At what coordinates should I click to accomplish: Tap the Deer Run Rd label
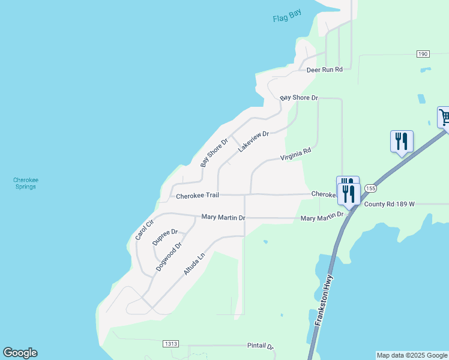click(x=324, y=70)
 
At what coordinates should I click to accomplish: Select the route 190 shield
click(x=423, y=54)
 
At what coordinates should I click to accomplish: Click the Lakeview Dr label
click(x=253, y=142)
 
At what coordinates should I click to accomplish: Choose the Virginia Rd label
click(x=296, y=155)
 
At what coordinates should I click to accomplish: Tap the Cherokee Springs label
click(x=25, y=183)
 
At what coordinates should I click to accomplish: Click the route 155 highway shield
click(x=370, y=188)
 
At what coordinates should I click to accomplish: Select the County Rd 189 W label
click(x=390, y=204)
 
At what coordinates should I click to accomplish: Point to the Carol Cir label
click(x=145, y=229)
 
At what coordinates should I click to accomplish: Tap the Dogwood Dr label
click(x=169, y=257)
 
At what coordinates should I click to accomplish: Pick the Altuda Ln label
click(x=194, y=264)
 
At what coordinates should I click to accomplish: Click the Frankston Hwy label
click(x=325, y=299)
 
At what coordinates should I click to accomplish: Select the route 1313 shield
click(x=170, y=344)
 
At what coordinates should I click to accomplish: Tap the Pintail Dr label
click(x=261, y=346)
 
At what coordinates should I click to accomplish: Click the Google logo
click(x=20, y=353)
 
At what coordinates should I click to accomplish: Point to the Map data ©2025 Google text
click(x=412, y=355)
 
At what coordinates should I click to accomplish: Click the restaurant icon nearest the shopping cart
click(x=402, y=142)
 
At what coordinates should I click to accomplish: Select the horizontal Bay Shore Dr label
click(x=298, y=97)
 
